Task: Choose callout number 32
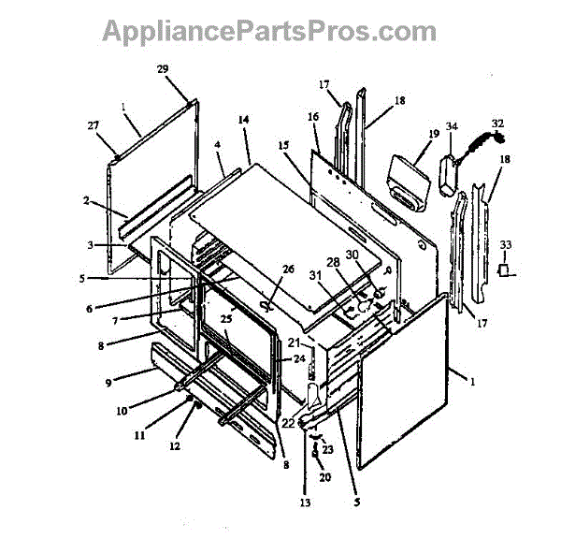click(496, 123)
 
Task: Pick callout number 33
click(506, 246)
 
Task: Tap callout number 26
click(288, 269)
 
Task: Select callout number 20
click(325, 477)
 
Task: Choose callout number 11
click(140, 435)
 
